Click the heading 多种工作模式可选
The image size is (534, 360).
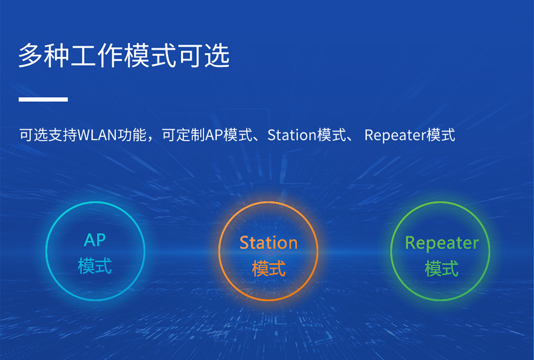tap(124, 56)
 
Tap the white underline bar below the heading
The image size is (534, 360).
tap(43, 99)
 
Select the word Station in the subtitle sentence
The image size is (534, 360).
tap(291, 135)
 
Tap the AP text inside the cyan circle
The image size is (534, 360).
tap(95, 240)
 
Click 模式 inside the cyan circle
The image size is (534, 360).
tap(95, 266)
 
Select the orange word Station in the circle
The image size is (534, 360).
tap(268, 243)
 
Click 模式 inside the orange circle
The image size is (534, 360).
tap(268, 268)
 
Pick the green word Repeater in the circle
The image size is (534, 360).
tap(442, 243)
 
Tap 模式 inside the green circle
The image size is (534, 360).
tap(442, 268)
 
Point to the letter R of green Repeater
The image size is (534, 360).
tap(410, 243)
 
